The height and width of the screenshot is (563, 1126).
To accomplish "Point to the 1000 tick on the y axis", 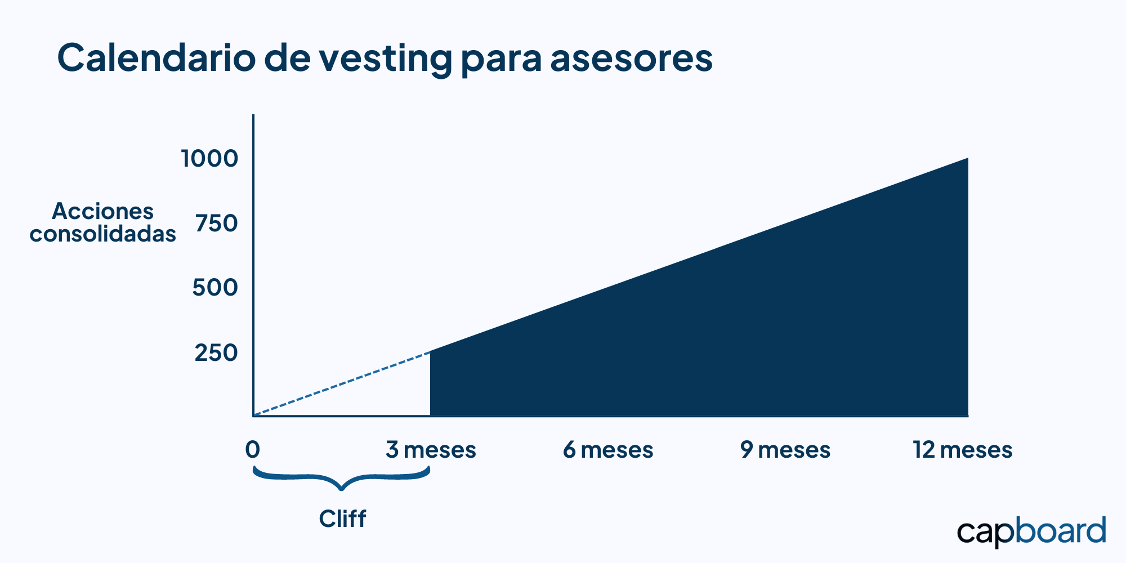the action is (x=209, y=159).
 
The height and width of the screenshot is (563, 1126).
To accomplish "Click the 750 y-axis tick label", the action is (x=217, y=224).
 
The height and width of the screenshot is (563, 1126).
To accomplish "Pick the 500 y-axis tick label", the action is (x=215, y=288).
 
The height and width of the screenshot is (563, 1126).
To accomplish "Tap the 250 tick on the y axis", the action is (x=216, y=353).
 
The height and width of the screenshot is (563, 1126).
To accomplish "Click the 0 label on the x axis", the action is (x=253, y=450).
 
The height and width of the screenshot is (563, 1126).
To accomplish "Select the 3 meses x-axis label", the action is (x=431, y=450).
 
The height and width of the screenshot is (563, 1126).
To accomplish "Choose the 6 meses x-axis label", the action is (x=608, y=450).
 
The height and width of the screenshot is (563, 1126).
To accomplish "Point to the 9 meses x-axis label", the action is (x=785, y=450).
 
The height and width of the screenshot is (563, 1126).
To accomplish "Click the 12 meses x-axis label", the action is (x=963, y=450).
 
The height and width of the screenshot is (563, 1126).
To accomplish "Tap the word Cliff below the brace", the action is (x=342, y=519).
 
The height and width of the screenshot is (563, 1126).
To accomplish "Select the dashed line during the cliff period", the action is (x=342, y=384).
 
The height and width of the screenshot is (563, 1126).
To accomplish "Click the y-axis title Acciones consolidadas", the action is (x=102, y=222).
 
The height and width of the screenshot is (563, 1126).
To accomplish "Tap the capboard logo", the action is (x=1031, y=532).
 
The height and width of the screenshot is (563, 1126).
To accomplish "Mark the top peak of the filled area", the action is (x=968, y=158).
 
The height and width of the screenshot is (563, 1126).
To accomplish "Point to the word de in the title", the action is (x=287, y=57).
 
